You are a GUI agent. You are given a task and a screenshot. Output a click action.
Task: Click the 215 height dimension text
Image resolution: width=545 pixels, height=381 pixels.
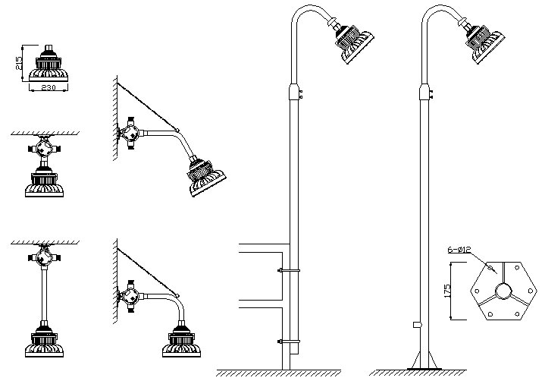pyautogui.click(x=20, y=63)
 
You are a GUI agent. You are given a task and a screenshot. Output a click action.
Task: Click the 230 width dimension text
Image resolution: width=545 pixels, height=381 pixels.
pyautogui.click(x=49, y=88)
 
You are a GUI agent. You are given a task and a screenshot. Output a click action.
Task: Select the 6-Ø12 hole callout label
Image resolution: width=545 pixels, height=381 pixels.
pyautogui.click(x=459, y=250)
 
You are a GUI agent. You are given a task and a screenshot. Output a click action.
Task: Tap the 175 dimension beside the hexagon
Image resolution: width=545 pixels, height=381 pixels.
pyautogui.click(x=448, y=291)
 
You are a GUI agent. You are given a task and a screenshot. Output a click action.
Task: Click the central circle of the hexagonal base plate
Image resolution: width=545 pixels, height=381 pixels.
pyautogui.click(x=503, y=291)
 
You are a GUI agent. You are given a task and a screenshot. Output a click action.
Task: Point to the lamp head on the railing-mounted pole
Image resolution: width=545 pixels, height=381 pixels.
pyautogui.click(x=352, y=43)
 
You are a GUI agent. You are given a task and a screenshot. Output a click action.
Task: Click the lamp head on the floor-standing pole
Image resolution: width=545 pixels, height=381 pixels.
pyautogui.click(x=484, y=42)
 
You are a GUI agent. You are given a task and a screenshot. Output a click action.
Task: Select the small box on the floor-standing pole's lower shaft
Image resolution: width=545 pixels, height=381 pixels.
pyautogui.click(x=417, y=325)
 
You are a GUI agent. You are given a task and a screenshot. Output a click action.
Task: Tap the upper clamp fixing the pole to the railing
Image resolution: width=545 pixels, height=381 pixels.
pyautogui.click(x=289, y=270)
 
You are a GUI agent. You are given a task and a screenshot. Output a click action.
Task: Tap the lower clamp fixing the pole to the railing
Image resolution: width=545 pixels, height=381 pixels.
pyautogui.click(x=289, y=342)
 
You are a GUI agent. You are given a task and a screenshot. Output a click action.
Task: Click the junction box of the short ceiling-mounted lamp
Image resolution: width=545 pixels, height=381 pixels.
pyautogui.click(x=44, y=149)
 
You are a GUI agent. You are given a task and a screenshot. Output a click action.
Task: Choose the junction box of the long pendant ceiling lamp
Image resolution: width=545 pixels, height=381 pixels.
pyautogui.click(x=44, y=257)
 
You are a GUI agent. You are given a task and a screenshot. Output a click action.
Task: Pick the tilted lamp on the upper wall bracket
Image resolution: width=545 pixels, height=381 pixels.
pyautogui.click(x=205, y=177)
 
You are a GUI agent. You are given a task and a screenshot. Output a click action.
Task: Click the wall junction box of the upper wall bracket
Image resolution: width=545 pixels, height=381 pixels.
pyautogui.click(x=130, y=134)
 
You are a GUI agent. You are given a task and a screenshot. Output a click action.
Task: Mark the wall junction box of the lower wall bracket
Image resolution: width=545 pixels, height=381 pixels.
pyautogui.click(x=130, y=297)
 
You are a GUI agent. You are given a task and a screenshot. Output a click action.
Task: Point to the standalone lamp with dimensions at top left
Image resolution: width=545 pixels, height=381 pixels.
pyautogui.click(x=49, y=63)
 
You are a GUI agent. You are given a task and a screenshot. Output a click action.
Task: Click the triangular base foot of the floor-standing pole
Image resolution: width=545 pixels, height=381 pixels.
pyautogui.click(x=424, y=361)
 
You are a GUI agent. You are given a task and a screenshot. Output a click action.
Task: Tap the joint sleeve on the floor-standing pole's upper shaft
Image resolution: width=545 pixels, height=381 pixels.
pyautogui.click(x=424, y=92)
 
